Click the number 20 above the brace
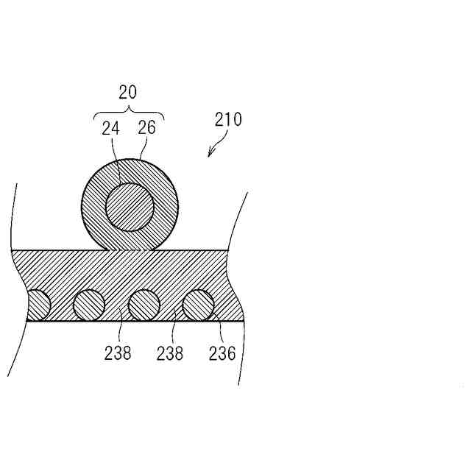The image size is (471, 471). pyautogui.click(x=127, y=92)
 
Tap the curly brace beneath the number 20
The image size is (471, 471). pyautogui.click(x=130, y=113)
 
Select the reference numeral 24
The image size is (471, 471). pyautogui.click(x=111, y=129)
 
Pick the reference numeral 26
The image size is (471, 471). pyautogui.click(x=147, y=127)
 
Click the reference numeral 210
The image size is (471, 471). pyautogui.click(x=228, y=119)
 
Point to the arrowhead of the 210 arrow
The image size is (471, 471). pyautogui.click(x=210, y=154)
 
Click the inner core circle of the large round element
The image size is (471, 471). pyautogui.click(x=130, y=208)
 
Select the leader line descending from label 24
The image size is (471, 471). pyautogui.click(x=116, y=159)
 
